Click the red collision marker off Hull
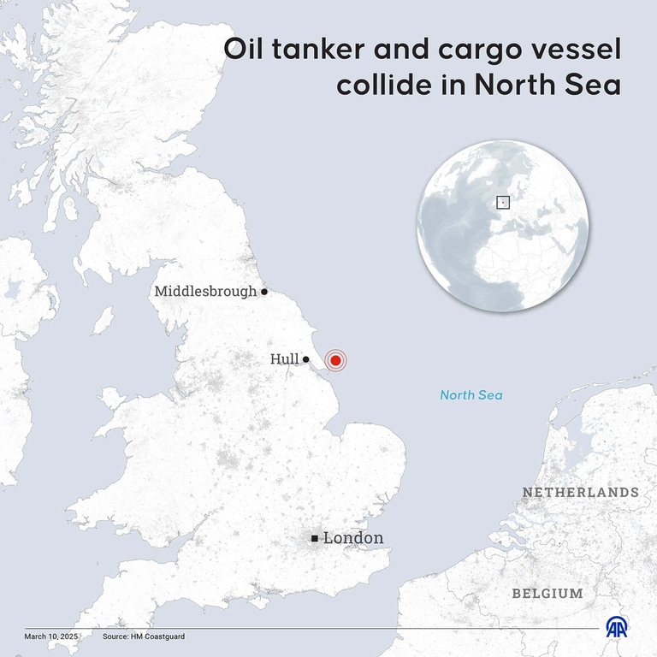(335, 361)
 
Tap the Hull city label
(284, 359)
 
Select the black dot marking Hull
(305, 360)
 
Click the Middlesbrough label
(205, 292)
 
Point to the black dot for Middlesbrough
(264, 292)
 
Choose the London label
(352, 538)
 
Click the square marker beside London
(315, 538)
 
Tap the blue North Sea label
(471, 395)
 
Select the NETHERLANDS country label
(580, 493)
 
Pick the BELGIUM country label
(547, 593)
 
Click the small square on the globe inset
(503, 203)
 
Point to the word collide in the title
(381, 86)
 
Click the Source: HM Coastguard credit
(143, 637)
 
